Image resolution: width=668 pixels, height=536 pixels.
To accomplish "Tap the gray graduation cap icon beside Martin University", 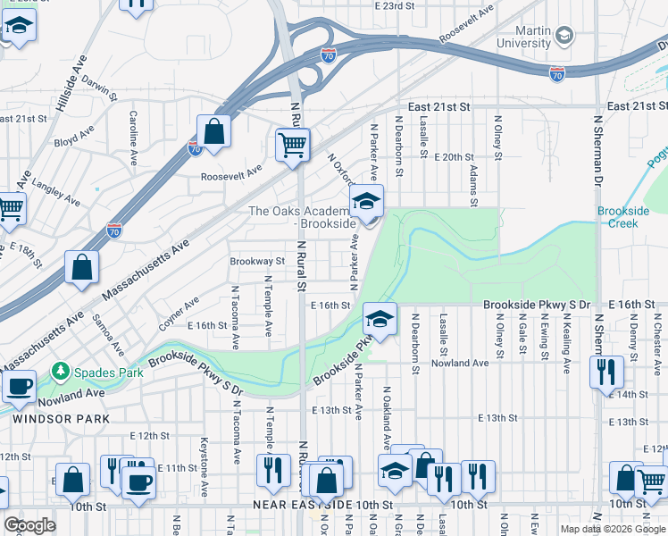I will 564,36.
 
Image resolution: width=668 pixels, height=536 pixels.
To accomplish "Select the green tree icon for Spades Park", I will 61,369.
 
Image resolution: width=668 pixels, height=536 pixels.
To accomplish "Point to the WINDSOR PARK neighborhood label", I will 60,418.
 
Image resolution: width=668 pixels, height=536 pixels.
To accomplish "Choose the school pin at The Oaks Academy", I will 365,203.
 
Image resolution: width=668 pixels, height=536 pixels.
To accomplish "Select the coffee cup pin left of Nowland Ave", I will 19,387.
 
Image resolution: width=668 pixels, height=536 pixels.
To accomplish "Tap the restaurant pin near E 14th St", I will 606,371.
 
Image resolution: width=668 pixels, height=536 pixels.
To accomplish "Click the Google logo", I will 29,525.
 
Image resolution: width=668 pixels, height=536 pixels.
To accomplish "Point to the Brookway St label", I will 256,262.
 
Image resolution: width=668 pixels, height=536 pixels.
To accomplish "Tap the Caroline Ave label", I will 132,129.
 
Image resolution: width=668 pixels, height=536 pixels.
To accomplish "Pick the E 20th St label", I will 454,157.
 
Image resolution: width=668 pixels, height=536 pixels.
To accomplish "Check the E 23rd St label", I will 396,6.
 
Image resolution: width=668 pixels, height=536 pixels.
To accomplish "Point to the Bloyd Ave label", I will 73,140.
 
